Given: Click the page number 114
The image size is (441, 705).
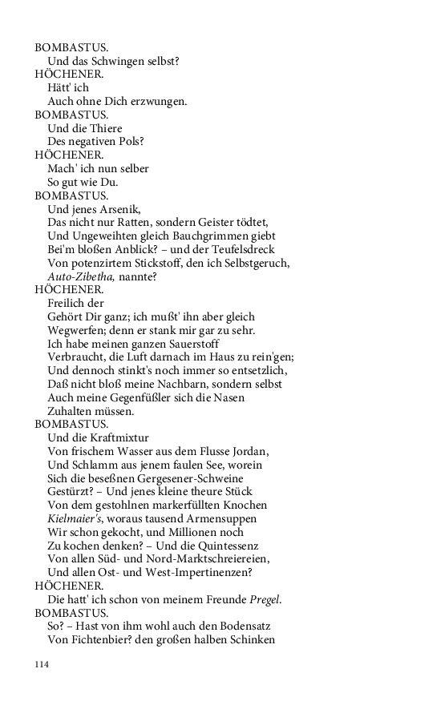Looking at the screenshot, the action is pyautogui.click(x=42, y=664).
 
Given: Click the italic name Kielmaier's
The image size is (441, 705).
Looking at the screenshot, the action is pyautogui.click(x=76, y=518).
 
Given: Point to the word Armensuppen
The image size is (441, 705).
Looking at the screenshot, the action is pyautogui.click(x=236, y=518).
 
